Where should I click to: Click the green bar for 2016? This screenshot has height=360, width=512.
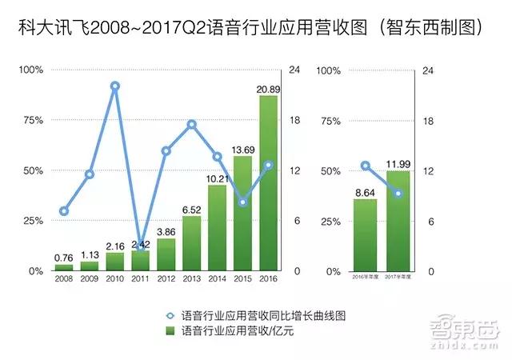(x=269, y=184)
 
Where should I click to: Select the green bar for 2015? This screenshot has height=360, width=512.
(x=243, y=214)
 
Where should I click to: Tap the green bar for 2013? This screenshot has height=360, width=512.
(x=192, y=244)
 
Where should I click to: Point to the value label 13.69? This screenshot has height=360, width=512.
(x=243, y=149)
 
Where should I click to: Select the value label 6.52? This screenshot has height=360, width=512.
(x=192, y=209)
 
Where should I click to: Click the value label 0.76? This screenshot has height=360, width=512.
(x=64, y=258)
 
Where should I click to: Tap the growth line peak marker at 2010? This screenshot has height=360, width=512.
(x=115, y=86)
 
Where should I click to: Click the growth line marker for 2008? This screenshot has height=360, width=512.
(x=64, y=211)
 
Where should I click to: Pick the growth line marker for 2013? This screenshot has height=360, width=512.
(x=192, y=124)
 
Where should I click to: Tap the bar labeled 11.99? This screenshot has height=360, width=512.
(x=398, y=221)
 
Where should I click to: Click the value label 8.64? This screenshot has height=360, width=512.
(x=365, y=192)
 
